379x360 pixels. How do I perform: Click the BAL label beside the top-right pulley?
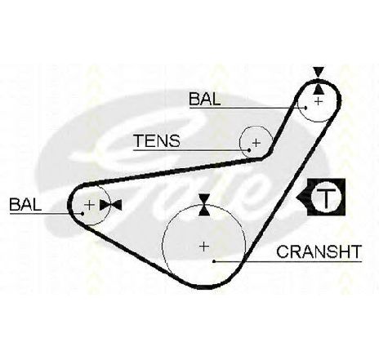[x=205, y=99]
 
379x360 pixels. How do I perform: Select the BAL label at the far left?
[x=25, y=204]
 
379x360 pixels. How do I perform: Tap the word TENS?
[x=157, y=140]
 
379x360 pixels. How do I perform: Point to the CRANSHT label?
[x=319, y=251]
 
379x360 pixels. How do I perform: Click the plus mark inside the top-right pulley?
[x=319, y=101]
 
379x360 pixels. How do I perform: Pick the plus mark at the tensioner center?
[x=256, y=142]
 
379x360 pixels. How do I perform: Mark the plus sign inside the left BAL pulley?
[x=89, y=205]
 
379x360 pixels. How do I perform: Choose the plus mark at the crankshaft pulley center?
[x=204, y=247]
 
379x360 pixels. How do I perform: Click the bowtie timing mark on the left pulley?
[x=110, y=205]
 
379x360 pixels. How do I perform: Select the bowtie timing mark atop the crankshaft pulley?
[x=204, y=205]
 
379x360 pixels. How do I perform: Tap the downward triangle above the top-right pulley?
[x=319, y=72]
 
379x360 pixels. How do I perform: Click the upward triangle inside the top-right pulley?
[x=319, y=90]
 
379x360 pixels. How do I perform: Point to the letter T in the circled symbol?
[x=326, y=198]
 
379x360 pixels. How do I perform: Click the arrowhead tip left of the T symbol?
[x=297, y=198]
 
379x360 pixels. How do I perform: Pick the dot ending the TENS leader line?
[x=249, y=149]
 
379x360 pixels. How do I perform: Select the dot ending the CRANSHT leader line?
[x=214, y=261]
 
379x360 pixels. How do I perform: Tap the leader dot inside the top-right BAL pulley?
[x=305, y=108]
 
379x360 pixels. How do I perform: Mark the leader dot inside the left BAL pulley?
[x=82, y=214]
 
